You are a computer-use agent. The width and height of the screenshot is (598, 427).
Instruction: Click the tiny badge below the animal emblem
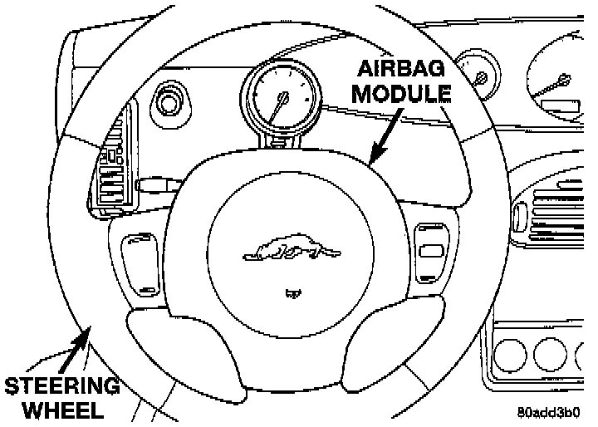click(x=291, y=292)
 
